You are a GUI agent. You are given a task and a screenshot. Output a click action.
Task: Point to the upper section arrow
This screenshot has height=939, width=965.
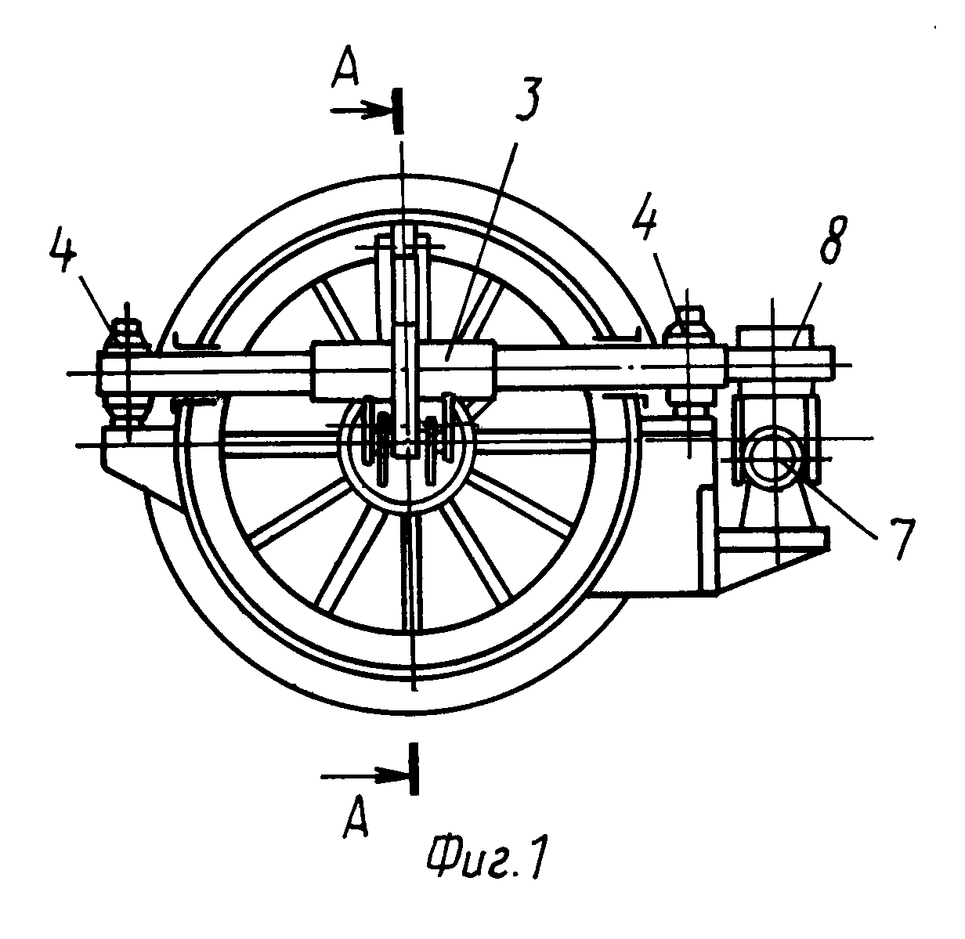360,111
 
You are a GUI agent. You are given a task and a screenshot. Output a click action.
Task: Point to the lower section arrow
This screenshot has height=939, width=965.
365,776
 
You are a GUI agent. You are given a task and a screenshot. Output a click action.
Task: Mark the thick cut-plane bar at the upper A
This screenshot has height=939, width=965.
399,110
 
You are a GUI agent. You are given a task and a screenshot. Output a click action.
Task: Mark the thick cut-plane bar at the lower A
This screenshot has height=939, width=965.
412,769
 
